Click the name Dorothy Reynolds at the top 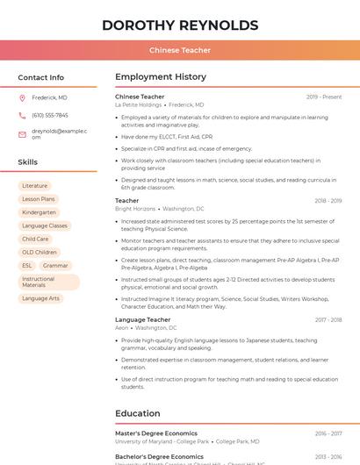180,25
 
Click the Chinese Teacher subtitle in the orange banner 180,51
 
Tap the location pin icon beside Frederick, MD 23,97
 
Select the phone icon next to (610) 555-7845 23,115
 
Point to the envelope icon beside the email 23,134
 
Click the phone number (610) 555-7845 50,115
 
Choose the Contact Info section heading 40,77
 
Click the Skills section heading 28,162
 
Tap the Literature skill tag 35,186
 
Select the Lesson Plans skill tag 39,199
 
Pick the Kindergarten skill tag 39,212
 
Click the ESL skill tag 27,265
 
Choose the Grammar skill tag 55,265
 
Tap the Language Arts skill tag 41,298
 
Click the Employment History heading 161,77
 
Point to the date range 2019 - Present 324,97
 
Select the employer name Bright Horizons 135,209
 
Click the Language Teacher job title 143,320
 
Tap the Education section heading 137,413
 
